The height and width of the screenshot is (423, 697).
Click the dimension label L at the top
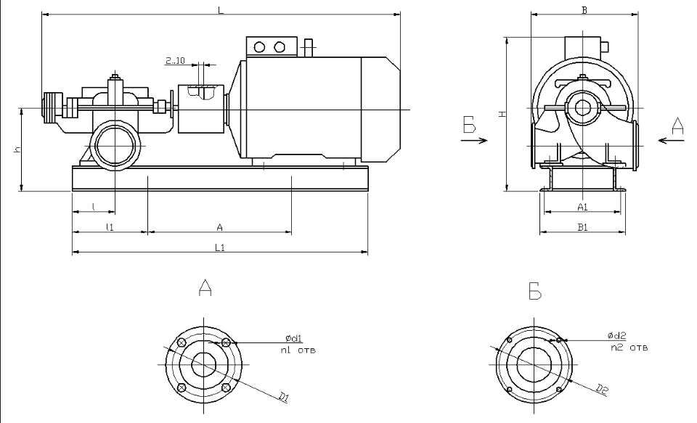[221, 9]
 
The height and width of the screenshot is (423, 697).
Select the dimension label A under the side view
[219, 227]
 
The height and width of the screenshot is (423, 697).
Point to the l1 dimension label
[110, 227]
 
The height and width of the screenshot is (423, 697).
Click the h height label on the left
[16, 149]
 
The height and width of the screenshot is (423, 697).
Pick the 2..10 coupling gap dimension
[175, 62]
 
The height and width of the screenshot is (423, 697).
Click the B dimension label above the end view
[584, 9]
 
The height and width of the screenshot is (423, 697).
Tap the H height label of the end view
[500, 114]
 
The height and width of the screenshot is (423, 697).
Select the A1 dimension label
[582, 208]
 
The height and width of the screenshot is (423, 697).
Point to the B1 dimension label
[582, 228]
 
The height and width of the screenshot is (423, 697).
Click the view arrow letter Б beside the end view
[470, 126]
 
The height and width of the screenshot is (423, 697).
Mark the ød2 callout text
[616, 336]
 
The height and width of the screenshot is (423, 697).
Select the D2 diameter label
[602, 391]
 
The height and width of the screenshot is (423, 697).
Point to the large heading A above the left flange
[205, 289]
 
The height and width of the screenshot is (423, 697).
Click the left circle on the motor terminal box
[259, 47]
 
